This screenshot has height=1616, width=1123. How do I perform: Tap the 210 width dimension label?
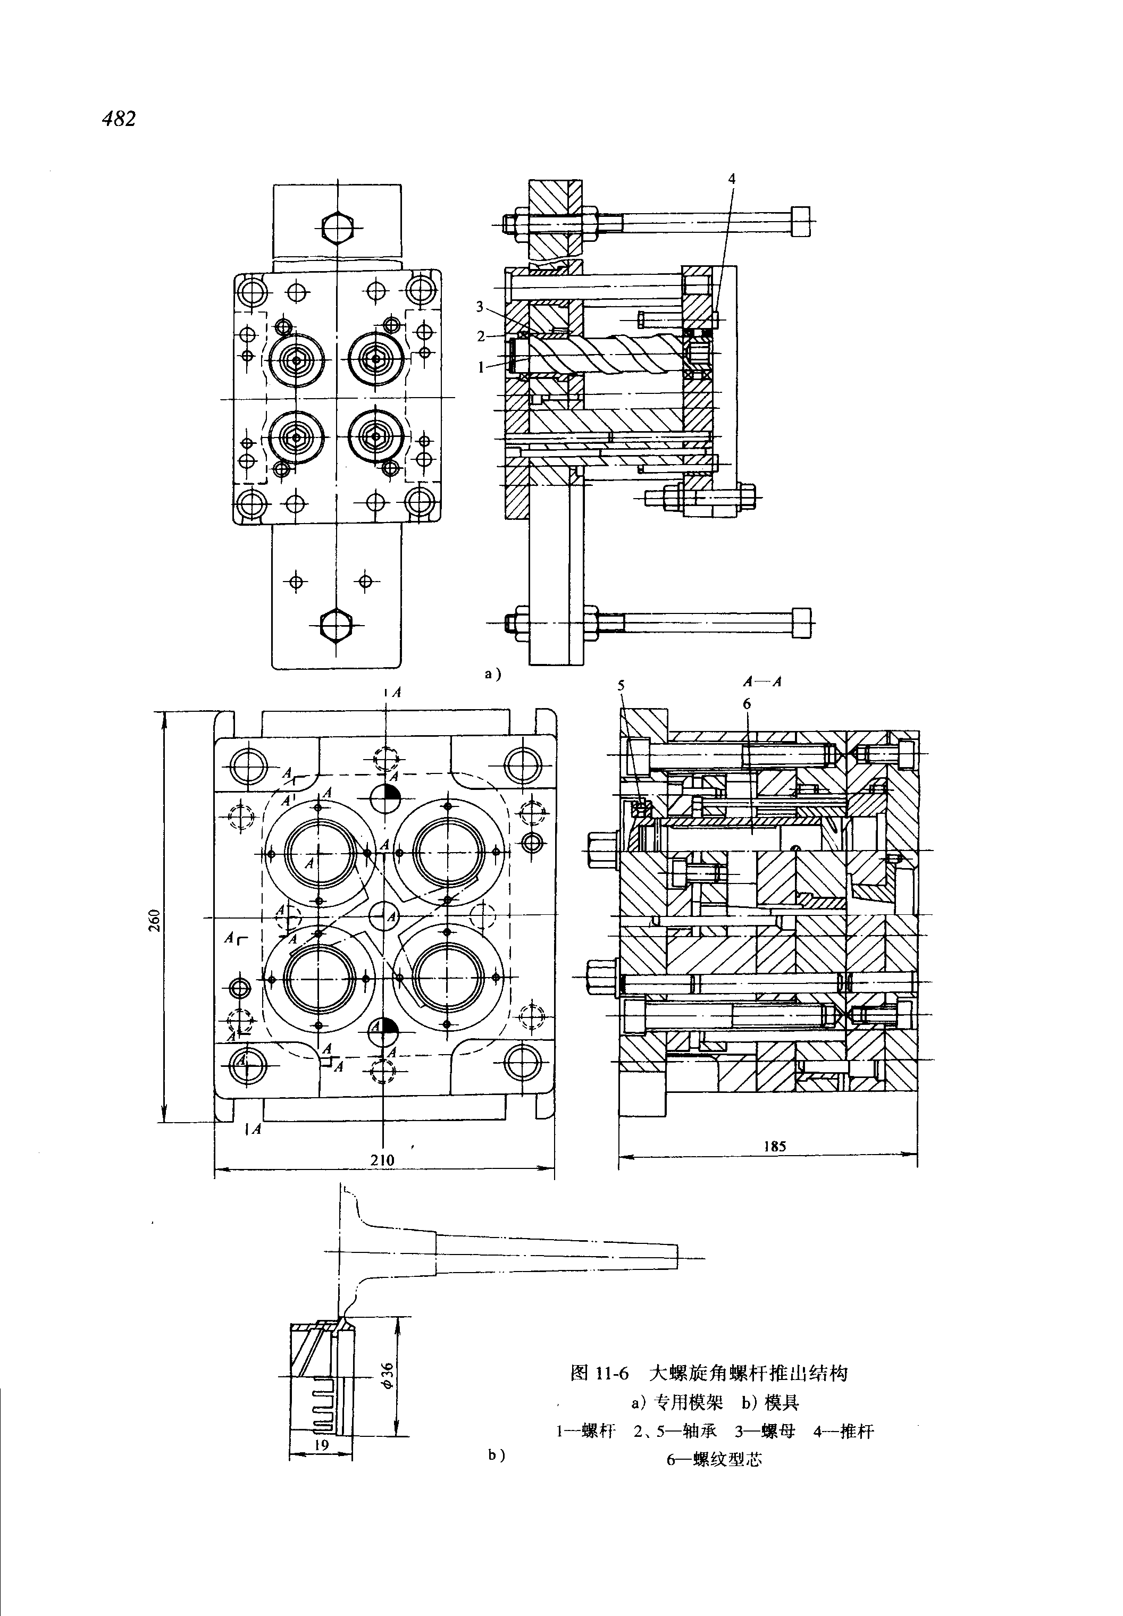pos(383,1160)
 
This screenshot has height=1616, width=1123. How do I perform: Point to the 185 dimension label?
pos(774,1146)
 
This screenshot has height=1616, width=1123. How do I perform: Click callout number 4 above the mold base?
pos(732,179)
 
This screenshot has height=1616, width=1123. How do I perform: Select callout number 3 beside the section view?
pos(479,306)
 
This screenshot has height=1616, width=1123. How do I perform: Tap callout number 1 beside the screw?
pos(481,367)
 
